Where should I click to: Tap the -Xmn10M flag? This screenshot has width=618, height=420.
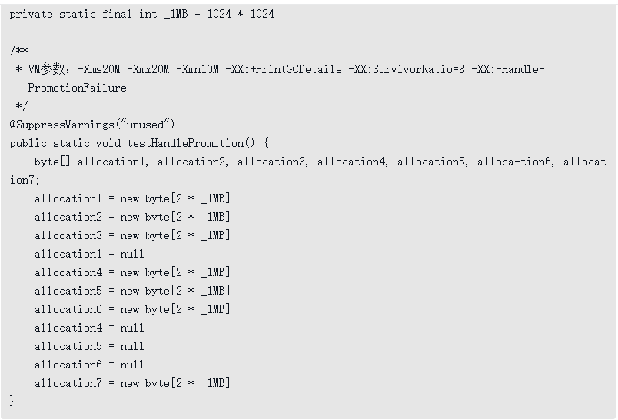click(x=198, y=69)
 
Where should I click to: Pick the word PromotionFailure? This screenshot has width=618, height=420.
click(x=77, y=88)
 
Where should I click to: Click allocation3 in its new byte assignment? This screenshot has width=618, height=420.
click(x=68, y=235)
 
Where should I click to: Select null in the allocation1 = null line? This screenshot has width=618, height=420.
click(x=135, y=254)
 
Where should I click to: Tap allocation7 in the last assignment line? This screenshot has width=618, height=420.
click(x=68, y=383)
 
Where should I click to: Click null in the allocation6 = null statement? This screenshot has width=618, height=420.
click(x=135, y=365)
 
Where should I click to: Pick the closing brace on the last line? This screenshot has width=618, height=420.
click(x=12, y=401)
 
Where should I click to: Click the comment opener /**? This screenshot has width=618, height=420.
click(x=18, y=51)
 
